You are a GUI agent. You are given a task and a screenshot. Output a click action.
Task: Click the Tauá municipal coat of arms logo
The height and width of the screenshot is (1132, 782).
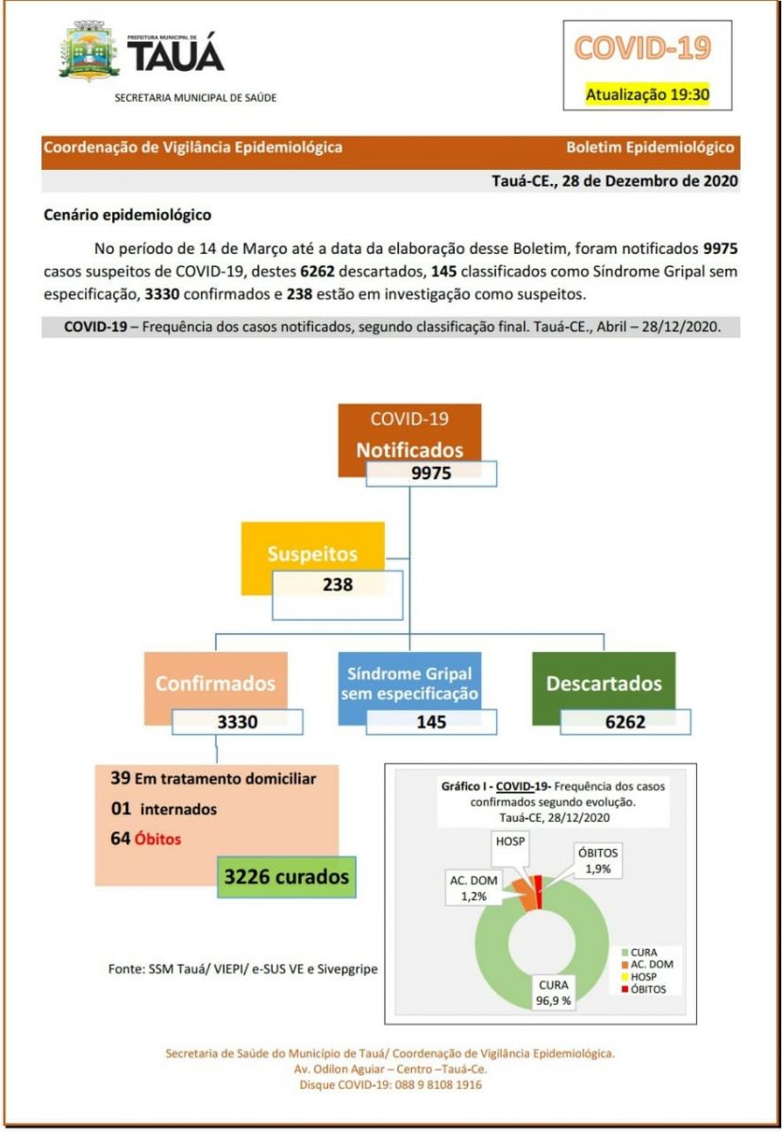pyautogui.click(x=89, y=54)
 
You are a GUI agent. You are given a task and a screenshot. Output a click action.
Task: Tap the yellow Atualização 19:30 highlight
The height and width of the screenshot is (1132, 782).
pyautogui.click(x=646, y=93)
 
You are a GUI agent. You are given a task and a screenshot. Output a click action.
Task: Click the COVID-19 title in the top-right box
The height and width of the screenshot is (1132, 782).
pyautogui.click(x=642, y=49)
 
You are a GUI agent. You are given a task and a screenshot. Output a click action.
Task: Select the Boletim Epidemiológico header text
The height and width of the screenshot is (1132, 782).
pyautogui.click(x=649, y=147)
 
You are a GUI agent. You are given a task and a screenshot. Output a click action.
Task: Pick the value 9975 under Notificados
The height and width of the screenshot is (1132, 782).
pyautogui.click(x=430, y=473)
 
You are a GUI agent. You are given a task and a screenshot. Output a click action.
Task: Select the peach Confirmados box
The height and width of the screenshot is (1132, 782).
pyautogui.click(x=215, y=682)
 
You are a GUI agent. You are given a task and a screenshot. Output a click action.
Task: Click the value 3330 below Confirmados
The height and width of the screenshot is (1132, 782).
pyautogui.click(x=237, y=723)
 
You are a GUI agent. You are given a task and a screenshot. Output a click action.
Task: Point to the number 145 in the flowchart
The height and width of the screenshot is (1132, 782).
pyautogui.click(x=430, y=723)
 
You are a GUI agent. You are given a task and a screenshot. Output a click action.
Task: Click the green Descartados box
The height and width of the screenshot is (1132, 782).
pyautogui.click(x=604, y=683)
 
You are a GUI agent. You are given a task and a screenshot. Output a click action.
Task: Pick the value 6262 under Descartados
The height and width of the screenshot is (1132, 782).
pyautogui.click(x=625, y=723)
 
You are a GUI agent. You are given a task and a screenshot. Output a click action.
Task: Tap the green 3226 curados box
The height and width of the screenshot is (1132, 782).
pyautogui.click(x=286, y=876)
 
